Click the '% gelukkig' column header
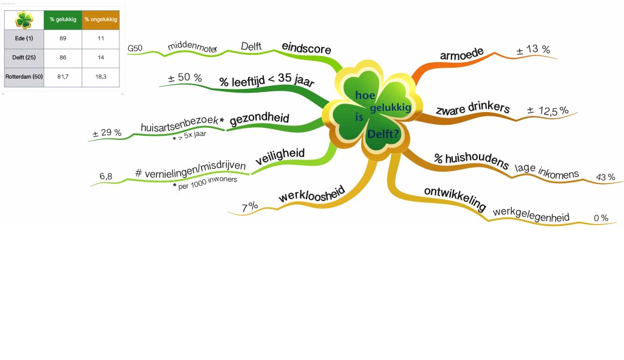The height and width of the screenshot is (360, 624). [63, 19]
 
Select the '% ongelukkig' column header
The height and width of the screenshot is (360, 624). [101, 19]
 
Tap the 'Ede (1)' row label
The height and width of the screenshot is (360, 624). [24, 38]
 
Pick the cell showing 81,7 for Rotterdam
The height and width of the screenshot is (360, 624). [63, 76]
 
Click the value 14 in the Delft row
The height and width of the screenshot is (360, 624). [101, 58]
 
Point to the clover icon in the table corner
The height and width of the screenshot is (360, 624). [24, 20]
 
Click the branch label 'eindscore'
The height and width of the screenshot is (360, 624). [307, 48]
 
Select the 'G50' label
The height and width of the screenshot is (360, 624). [135, 49]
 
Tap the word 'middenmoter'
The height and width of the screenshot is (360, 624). [192, 46]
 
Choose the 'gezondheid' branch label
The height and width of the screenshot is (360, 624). [260, 119]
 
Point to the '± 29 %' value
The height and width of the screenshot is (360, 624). [107, 133]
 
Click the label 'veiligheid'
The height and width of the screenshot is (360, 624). [280, 157]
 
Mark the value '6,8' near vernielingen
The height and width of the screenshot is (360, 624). [106, 176]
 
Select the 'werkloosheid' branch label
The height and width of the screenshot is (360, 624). [312, 194]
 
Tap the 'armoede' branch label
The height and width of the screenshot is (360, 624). [462, 54]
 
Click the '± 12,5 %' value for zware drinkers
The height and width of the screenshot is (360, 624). [548, 111]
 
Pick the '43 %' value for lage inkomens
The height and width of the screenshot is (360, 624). [605, 177]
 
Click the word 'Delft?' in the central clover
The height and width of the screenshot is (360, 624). [383, 134]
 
